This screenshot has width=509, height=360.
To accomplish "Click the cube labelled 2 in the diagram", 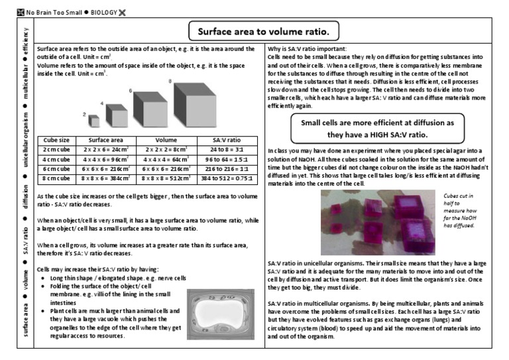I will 95,121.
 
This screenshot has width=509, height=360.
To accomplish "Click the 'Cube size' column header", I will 56,141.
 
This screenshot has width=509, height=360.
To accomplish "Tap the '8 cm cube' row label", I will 56,178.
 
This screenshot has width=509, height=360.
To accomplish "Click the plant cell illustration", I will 223,314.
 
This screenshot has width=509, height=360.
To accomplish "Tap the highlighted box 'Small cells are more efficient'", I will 377,129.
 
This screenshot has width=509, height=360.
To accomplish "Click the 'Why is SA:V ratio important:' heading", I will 307,50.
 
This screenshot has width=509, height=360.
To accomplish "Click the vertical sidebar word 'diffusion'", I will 25,197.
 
